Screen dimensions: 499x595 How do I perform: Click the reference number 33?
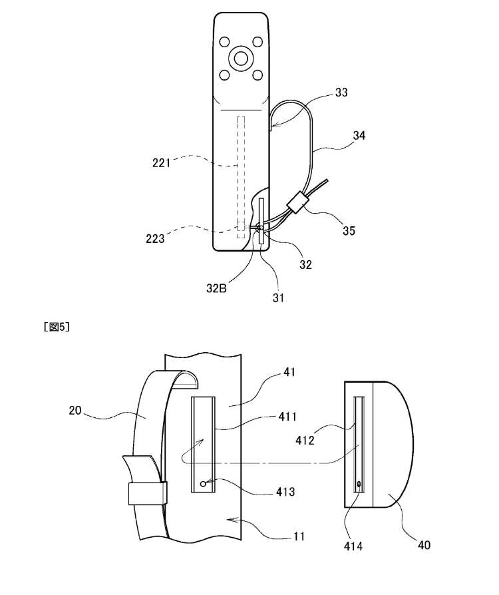click(x=341, y=93)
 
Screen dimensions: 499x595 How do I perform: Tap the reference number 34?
click(x=359, y=135)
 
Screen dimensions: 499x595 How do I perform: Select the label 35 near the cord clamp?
click(x=349, y=230)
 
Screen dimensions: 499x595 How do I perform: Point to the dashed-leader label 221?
click(x=161, y=163)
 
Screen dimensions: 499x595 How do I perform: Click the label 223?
click(x=156, y=238)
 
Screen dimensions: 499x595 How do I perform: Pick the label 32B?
click(x=216, y=288)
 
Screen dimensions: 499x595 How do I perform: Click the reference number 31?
click(x=278, y=298)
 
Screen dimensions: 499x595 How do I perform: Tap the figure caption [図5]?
click(x=57, y=327)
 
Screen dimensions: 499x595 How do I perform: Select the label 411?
click(x=287, y=417)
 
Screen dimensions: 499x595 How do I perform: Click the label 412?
click(x=305, y=440)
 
